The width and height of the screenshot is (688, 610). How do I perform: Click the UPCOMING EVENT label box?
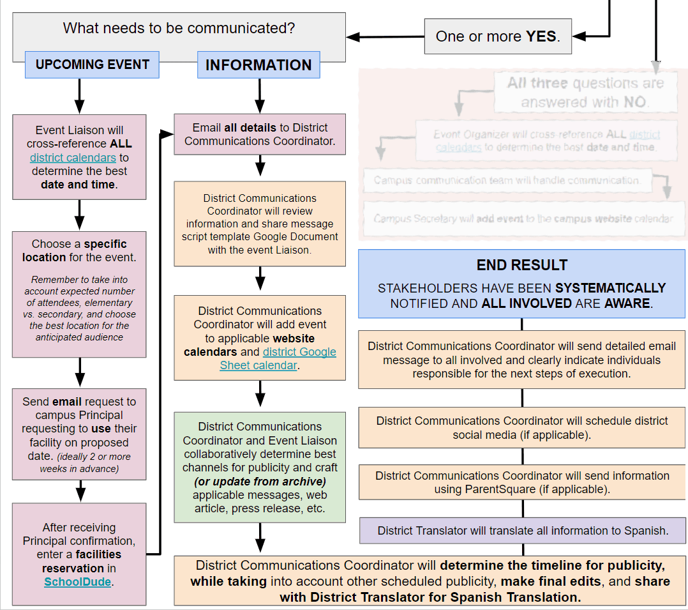[92, 65]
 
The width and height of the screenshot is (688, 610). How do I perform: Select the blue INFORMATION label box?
[258, 65]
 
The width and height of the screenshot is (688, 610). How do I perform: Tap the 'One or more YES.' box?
[497, 36]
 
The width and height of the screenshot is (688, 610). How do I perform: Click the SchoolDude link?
[77, 582]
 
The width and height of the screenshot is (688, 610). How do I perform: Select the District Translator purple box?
[523, 530]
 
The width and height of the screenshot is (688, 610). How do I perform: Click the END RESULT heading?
[522, 265]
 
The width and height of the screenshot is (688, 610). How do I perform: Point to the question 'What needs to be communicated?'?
[179, 28]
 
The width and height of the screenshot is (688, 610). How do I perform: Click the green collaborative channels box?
[260, 467]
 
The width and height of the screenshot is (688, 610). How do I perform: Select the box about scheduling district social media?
[522, 428]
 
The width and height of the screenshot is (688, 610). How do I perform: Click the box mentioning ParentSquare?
[522, 482]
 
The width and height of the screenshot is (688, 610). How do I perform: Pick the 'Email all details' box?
[260, 134]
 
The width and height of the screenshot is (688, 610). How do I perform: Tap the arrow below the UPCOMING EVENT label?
[79, 95]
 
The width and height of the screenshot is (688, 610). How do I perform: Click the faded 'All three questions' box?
[585, 93]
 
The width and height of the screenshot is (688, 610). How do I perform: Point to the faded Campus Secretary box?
[523, 218]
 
